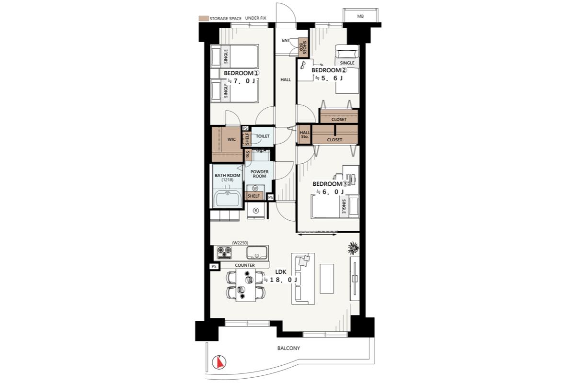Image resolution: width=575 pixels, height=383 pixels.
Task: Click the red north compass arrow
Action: (219, 363)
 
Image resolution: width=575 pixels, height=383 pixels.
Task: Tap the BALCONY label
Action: (288, 348)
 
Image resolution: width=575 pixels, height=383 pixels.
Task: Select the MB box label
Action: (360, 16)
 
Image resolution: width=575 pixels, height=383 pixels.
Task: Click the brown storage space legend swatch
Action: (204, 19)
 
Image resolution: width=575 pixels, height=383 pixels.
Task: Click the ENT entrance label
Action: (286, 40)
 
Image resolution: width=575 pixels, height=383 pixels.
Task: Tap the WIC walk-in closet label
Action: (231, 139)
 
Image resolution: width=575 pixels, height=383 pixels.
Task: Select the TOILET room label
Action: (263, 136)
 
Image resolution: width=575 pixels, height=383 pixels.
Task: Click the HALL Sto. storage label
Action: (305, 135)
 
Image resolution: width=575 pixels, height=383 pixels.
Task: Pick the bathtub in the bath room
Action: (228, 199)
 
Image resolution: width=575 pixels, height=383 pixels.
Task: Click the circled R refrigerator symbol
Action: (256, 211)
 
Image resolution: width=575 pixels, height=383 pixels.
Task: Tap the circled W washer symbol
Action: (255, 188)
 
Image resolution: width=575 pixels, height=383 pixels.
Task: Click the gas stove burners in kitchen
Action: (224, 252)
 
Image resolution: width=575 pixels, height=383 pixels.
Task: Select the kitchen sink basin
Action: (257, 253)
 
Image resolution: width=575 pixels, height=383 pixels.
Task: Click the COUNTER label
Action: (245, 265)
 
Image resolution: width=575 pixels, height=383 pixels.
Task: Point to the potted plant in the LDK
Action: (353, 248)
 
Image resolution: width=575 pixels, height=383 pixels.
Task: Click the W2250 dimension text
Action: (240, 243)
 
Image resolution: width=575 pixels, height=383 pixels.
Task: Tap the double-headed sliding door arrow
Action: (317, 234)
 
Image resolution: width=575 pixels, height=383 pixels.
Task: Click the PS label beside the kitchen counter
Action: (214, 267)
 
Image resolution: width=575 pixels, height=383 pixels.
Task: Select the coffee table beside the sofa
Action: (327, 279)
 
